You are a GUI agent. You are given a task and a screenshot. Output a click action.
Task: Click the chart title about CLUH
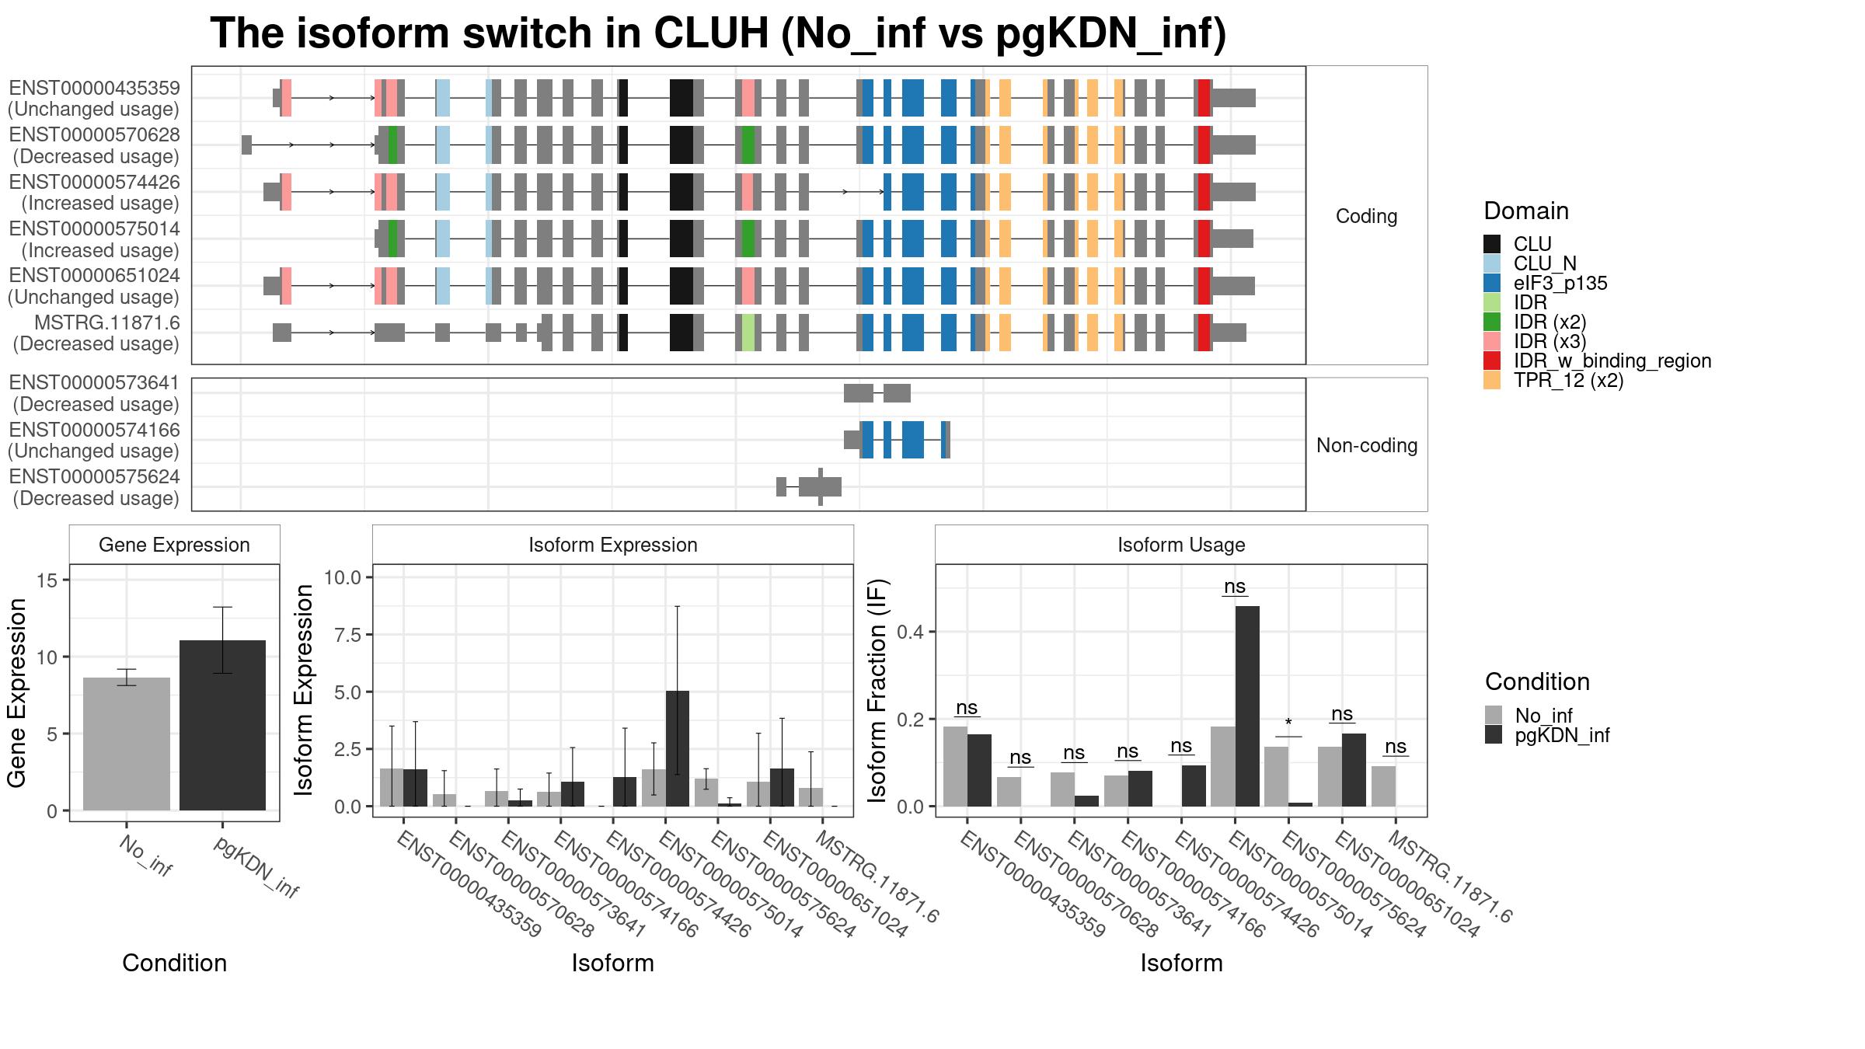718,33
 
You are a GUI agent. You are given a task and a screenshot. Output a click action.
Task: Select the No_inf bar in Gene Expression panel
127,744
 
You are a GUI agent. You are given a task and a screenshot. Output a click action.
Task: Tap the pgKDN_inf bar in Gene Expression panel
223,726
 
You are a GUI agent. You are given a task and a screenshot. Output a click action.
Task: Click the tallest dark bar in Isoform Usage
1247,706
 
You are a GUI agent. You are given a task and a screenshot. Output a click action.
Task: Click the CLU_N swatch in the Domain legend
1492,263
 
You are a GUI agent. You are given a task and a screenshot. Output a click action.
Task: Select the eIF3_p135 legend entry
1560,283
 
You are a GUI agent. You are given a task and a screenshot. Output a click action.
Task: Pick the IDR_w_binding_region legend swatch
1492,361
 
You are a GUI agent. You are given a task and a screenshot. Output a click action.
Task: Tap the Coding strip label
1366,216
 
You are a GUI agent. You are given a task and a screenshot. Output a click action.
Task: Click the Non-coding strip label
1367,445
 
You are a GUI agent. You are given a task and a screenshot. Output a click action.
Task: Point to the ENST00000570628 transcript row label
95,145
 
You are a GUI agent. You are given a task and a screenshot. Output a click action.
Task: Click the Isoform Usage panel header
1181,545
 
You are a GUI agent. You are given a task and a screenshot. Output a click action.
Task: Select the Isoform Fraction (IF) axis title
877,691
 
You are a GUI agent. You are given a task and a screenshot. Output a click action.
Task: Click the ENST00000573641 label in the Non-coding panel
95,393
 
